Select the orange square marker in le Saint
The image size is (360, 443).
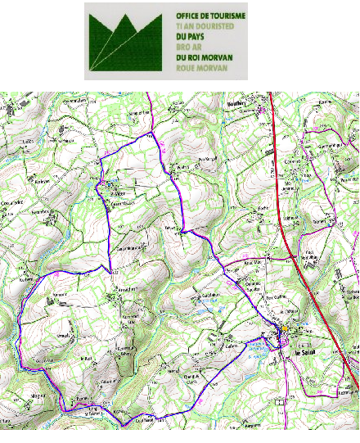point(283,331)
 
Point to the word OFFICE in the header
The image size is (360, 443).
point(187,16)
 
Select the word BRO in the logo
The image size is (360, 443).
point(182,47)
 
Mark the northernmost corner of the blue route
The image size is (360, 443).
point(150,133)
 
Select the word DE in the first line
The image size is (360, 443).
point(205,16)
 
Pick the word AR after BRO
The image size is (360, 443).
point(195,47)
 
